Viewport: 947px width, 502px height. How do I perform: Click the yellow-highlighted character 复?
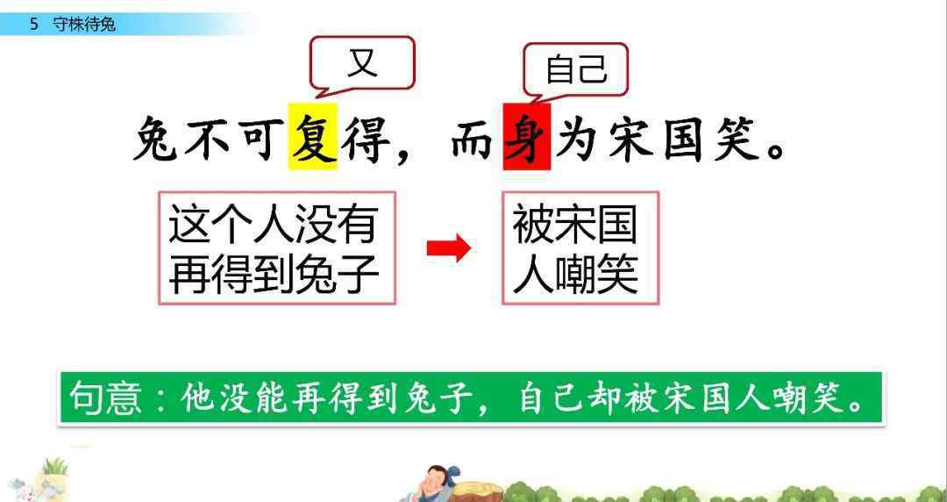pos(312,137)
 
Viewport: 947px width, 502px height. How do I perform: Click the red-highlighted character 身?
pos(527,137)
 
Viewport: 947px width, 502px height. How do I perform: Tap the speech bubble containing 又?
pos(362,63)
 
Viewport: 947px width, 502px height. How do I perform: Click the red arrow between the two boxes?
pos(449,248)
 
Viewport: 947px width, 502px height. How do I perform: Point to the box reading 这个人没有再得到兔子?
pos(277,248)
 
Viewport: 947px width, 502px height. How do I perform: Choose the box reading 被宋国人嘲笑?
pos(580,248)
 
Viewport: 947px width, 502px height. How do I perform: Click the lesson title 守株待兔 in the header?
pos(84,25)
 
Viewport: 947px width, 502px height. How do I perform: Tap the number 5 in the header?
pos(34,25)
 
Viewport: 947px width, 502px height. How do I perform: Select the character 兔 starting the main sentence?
pos(155,139)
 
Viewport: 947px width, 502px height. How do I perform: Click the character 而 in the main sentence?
pos(473,139)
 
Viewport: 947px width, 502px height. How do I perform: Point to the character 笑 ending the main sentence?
pos(737,139)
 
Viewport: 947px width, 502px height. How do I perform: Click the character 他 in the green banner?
pos(195,398)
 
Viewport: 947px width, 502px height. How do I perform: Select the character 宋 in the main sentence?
pos(631,139)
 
